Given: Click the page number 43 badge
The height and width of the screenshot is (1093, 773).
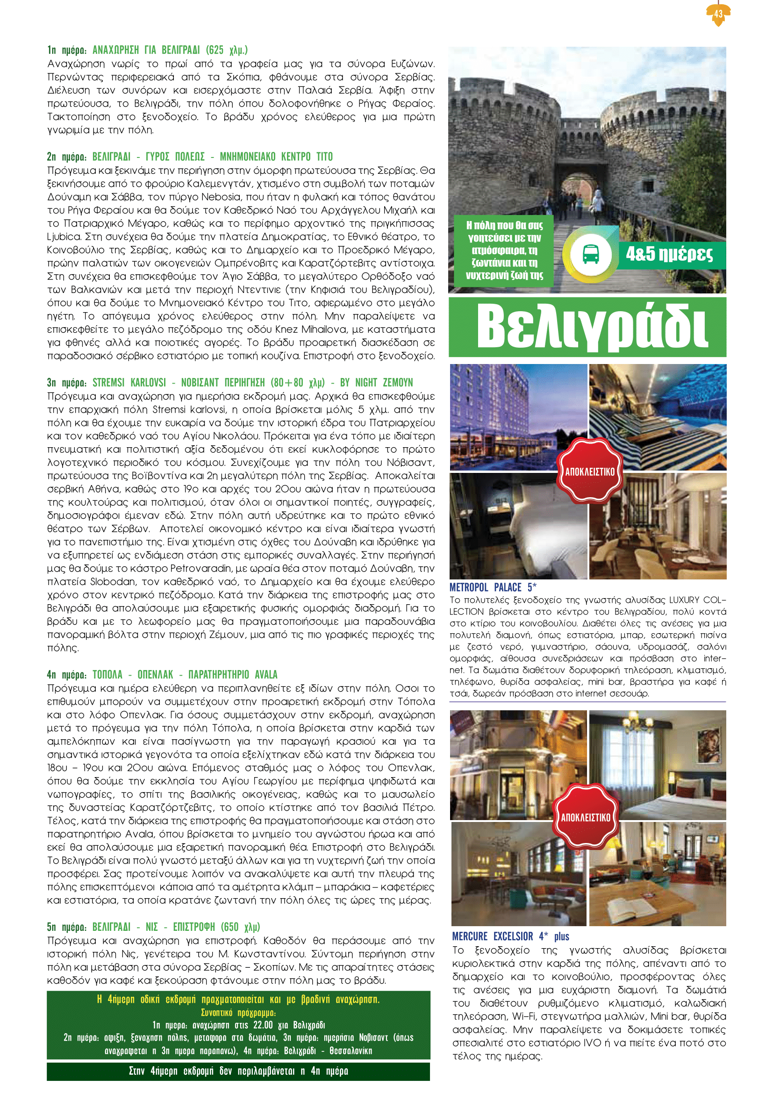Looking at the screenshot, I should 718,14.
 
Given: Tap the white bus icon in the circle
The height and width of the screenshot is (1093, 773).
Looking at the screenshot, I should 591,255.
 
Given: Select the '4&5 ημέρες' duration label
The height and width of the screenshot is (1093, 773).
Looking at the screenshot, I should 669,254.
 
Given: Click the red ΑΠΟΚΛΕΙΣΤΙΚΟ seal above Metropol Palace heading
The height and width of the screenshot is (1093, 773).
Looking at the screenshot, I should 590,471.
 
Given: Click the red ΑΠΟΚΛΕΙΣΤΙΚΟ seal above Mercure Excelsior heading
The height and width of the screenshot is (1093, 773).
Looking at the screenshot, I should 586,817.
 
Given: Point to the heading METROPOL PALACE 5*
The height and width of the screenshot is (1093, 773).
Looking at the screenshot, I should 493,587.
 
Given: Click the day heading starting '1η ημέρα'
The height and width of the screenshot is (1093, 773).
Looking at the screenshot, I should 147,50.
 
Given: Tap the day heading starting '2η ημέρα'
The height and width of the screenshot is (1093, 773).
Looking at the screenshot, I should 190,157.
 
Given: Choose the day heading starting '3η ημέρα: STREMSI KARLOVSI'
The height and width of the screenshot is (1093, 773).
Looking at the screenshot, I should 230,382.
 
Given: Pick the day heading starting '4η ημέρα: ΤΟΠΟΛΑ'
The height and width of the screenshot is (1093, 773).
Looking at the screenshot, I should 162,674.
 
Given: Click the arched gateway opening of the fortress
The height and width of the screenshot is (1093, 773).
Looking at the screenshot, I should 577,190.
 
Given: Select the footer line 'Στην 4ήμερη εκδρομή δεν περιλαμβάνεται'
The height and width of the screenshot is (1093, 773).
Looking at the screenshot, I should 238,1071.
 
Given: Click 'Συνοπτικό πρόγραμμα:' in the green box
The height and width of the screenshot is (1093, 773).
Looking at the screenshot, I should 238,1013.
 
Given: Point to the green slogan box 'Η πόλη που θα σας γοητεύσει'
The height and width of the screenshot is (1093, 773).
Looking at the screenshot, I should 504,250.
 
